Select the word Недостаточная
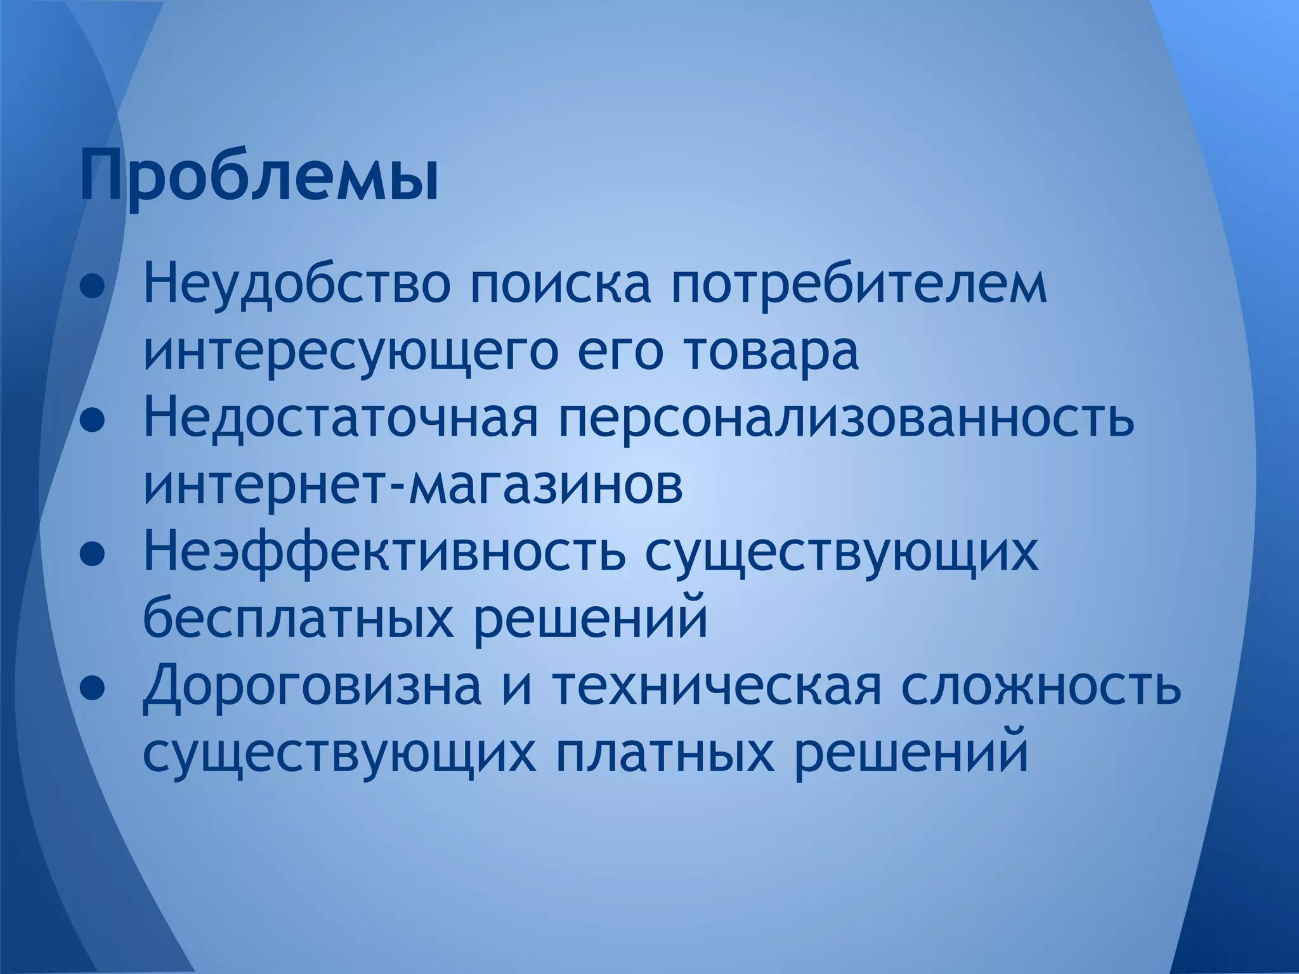click(341, 420)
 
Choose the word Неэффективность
click(383, 553)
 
